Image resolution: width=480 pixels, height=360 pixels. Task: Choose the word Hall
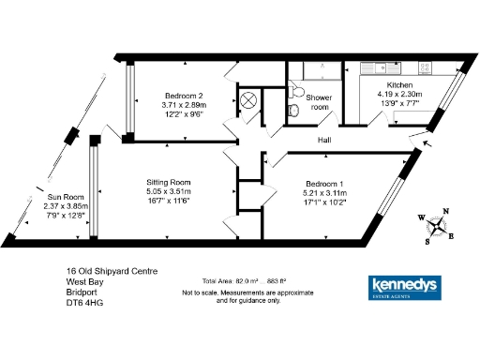(324, 141)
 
